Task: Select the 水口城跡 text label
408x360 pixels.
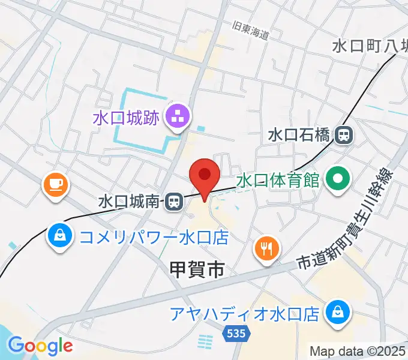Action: [126, 118]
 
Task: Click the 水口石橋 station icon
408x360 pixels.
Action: [344, 136]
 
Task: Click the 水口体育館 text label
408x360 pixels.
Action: [277, 181]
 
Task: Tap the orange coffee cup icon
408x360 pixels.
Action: [54, 185]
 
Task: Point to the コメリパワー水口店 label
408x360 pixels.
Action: [154, 238]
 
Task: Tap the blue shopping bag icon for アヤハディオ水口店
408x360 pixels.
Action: [337, 311]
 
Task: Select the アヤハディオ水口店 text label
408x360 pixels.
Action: [244, 314]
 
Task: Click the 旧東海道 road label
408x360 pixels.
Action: [251, 31]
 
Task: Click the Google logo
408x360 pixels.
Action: [40, 345]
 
